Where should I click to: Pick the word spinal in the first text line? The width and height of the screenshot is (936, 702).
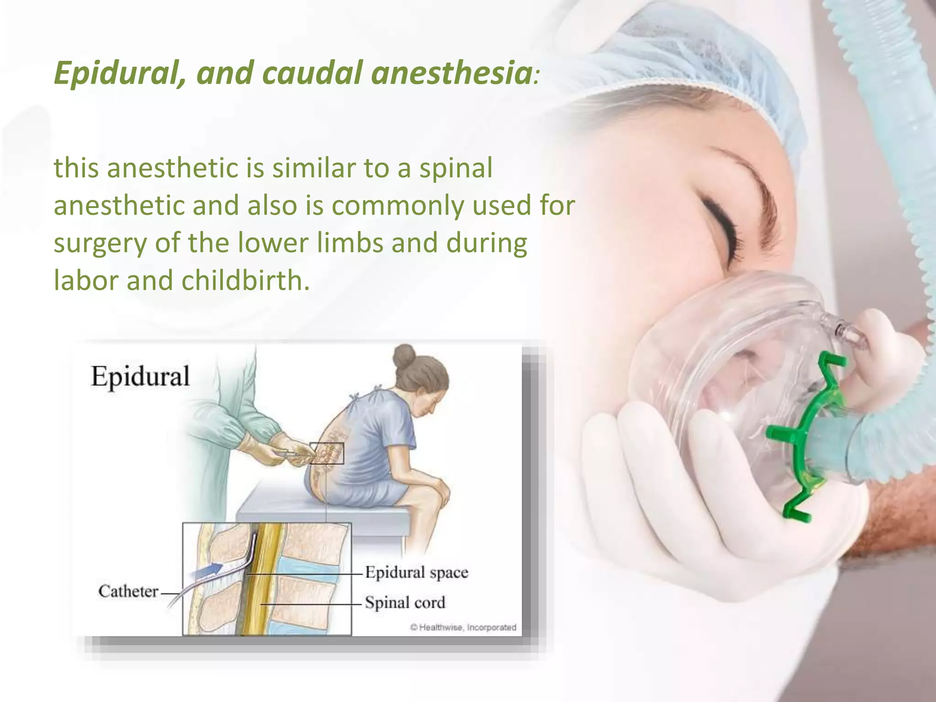(456, 168)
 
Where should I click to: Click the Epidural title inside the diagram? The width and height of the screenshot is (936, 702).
(140, 377)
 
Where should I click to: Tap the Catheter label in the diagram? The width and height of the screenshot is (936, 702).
(128, 591)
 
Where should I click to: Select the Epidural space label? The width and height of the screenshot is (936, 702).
(416, 573)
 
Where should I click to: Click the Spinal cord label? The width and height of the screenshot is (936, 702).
(405, 603)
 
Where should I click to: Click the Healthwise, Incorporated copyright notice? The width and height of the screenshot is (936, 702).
(463, 628)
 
